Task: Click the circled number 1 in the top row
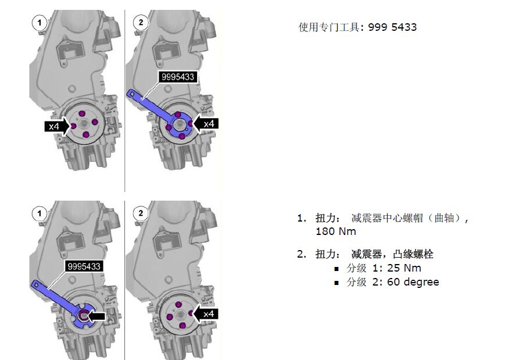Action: tap(40, 23)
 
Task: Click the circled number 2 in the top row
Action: tap(141, 23)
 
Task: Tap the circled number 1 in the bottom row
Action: tap(40, 213)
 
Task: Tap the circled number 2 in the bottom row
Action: tap(141, 213)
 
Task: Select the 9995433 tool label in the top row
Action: tap(177, 77)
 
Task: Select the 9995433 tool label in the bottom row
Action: tap(84, 266)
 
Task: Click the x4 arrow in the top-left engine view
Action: tap(57, 126)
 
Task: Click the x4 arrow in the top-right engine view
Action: tap(206, 123)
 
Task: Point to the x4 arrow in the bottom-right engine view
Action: tap(206, 313)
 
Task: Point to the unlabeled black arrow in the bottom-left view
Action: tap(96, 316)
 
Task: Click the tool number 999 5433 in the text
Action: tap(392, 27)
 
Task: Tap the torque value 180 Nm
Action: tap(336, 231)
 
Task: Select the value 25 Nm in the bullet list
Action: tap(404, 268)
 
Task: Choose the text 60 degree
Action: tap(413, 282)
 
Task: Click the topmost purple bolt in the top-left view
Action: tap(83, 113)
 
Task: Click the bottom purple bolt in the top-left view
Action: tap(86, 134)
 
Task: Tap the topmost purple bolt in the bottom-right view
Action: tap(178, 305)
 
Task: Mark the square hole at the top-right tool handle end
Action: tap(132, 94)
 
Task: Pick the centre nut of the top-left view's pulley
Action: tap(84, 123)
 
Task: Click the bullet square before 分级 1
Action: tap(337, 269)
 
